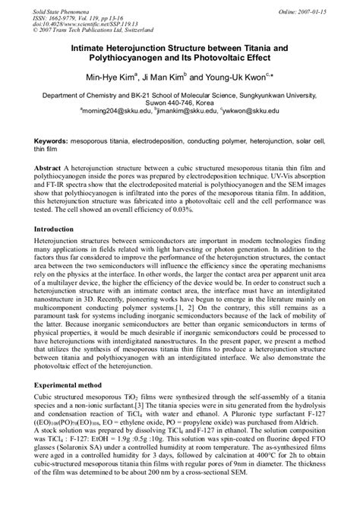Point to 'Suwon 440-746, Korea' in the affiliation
pyautogui.click(x=180, y=103)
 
